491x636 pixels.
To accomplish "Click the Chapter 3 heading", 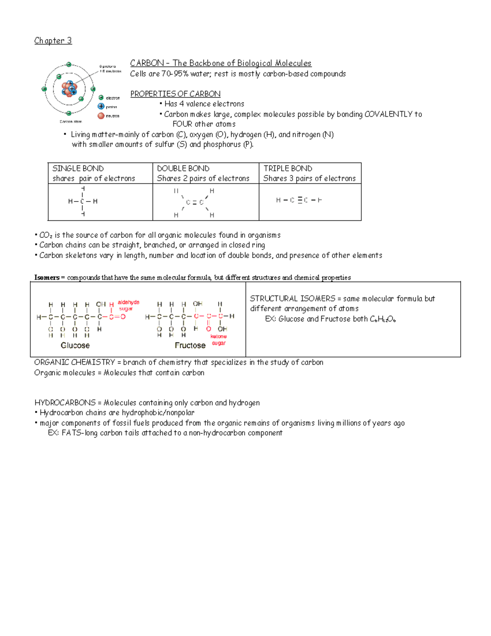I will tap(53, 41).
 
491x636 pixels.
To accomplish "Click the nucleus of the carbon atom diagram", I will tap(69, 88).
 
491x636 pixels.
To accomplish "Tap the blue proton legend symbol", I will tap(101, 106).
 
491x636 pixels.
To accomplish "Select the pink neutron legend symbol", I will tap(101, 116).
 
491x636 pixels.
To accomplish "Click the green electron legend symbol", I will tap(101, 97).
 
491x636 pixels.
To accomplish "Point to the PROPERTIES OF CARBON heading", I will tap(175, 94).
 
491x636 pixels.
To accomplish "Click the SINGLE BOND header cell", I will tap(100, 173).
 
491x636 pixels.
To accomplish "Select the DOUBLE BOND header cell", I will tap(205, 173).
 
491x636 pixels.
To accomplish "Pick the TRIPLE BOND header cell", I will tap(310, 173).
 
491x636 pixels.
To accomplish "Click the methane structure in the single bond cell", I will tap(83, 201).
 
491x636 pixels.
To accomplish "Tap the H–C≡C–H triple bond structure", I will tap(299, 200).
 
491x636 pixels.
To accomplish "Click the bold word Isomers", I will tap(47, 278).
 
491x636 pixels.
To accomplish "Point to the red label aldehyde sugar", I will tap(128, 305).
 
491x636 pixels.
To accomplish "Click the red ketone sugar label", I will tap(218, 340).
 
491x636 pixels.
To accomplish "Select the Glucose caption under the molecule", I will tap(75, 345).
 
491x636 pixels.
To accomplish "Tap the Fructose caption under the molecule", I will tap(190, 345).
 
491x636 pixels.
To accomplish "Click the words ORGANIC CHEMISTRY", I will tap(74, 362).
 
